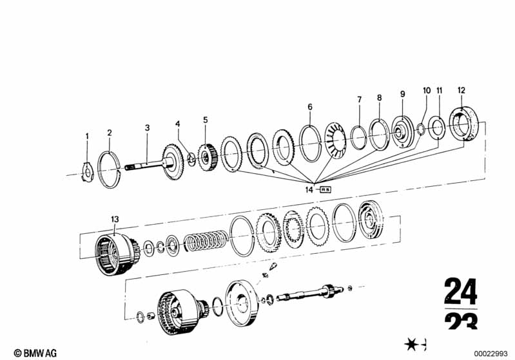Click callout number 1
[x=88, y=136]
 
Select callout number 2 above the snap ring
[x=110, y=133]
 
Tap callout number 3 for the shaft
[x=147, y=128]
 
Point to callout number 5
[x=206, y=119]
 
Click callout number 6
[x=309, y=106]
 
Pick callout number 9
[x=402, y=94]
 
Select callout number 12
[x=461, y=90]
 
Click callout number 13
[x=115, y=220]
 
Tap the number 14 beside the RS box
[x=309, y=190]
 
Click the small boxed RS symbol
[x=325, y=190]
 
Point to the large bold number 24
[x=460, y=292]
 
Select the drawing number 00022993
[x=493, y=352]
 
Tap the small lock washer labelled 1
[x=88, y=174]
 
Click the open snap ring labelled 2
[x=110, y=169]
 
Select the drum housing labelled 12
[x=466, y=123]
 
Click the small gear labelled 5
[x=206, y=158]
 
